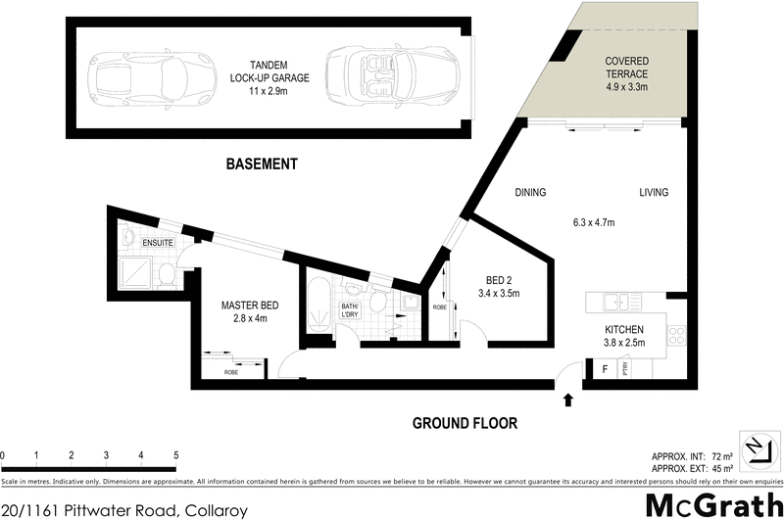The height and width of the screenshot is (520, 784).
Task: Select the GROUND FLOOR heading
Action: click(465, 423)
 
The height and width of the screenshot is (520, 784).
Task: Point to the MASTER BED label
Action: click(250, 306)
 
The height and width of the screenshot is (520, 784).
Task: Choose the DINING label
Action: click(529, 193)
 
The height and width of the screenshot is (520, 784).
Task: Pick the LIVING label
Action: click(654, 193)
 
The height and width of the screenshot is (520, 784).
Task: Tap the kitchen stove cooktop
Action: click(675, 335)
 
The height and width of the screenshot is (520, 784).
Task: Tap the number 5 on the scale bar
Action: click(175, 455)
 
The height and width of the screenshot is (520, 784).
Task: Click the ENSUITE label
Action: click(159, 242)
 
